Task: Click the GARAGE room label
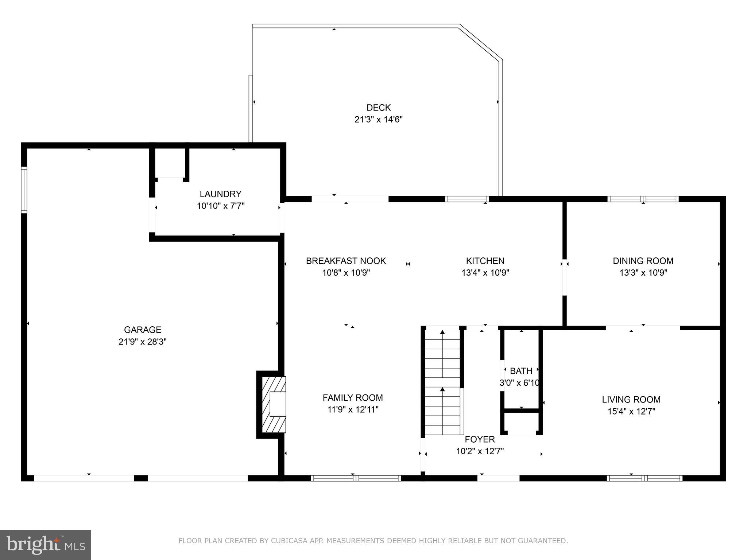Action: [143, 330]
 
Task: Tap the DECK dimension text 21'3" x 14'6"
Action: [378, 120]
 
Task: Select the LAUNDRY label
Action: [220, 194]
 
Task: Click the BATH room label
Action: [521, 371]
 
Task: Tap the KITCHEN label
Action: [485, 261]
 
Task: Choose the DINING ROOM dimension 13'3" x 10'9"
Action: [643, 273]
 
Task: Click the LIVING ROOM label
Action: [631, 400]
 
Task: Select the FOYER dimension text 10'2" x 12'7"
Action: [480, 451]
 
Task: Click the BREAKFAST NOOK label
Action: [346, 261]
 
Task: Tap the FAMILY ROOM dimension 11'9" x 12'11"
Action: [353, 410]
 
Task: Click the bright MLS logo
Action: [46, 545]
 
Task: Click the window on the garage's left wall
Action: [24, 190]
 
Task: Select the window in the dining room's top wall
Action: [643, 199]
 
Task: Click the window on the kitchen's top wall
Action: [467, 199]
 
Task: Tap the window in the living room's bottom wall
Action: [645, 478]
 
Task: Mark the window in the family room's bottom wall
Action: [356, 478]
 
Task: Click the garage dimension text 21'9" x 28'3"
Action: [143, 342]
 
